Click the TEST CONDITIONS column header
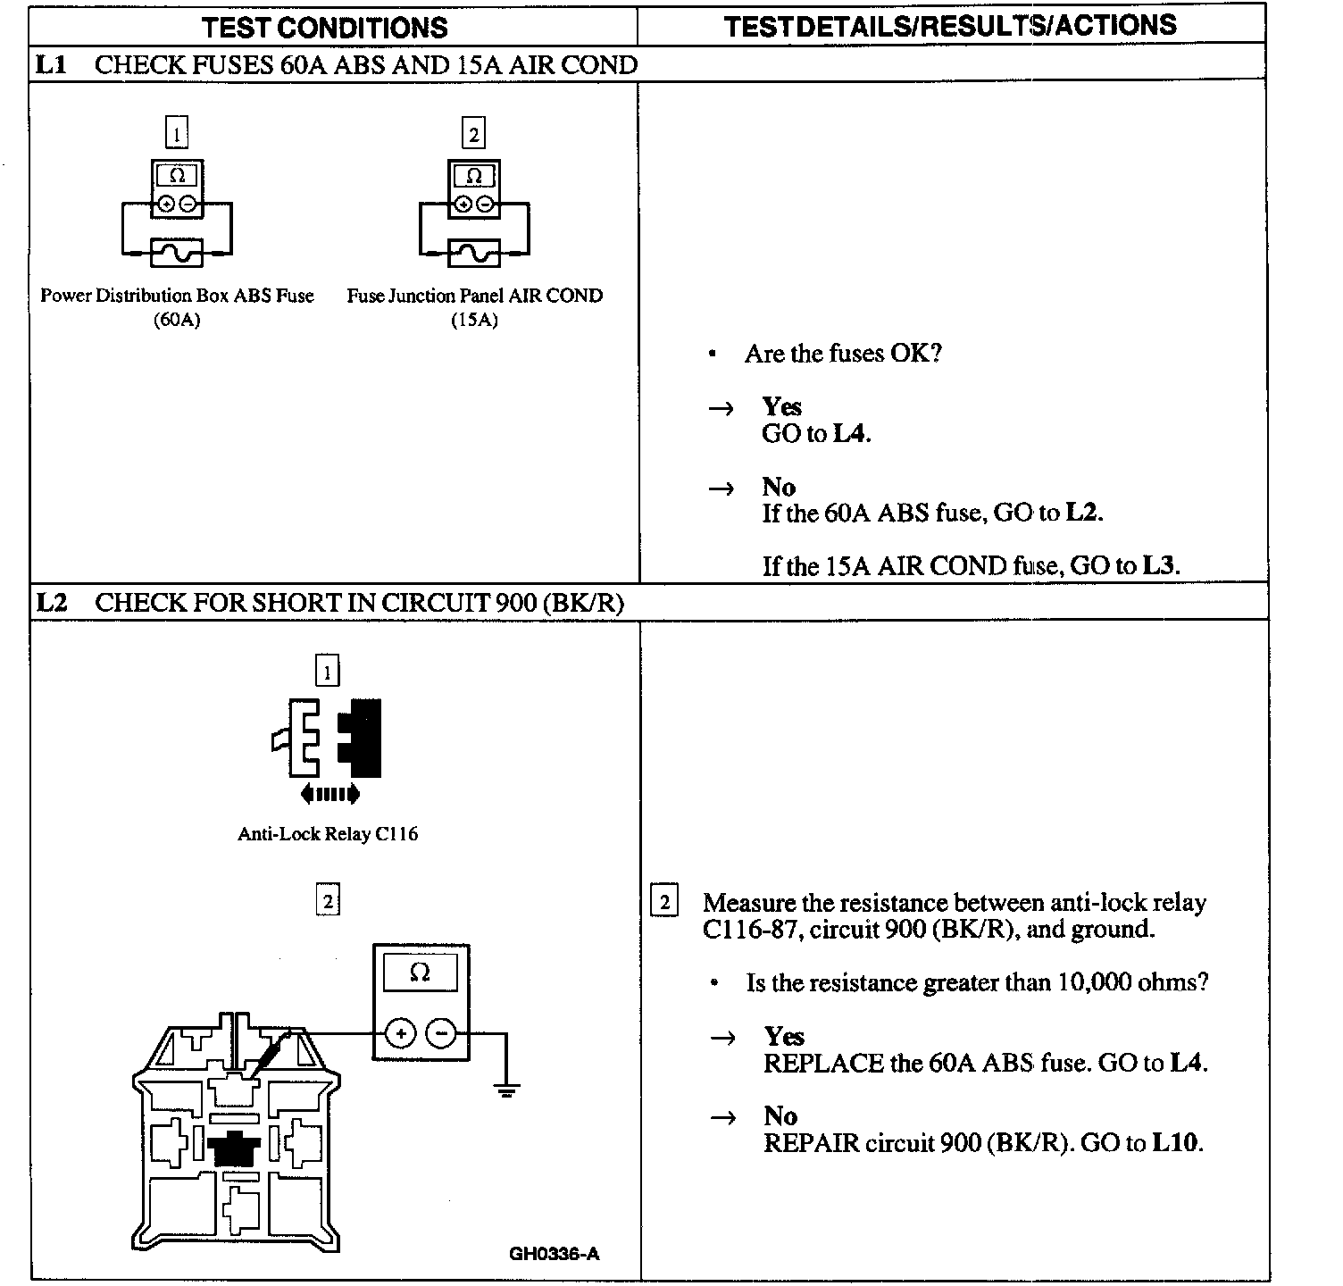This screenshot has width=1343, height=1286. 324,27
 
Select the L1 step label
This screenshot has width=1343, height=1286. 52,65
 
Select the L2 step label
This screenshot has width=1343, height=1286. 52,603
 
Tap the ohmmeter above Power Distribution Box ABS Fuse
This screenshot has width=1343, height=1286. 177,188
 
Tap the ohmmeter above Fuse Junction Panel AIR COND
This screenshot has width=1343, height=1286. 474,188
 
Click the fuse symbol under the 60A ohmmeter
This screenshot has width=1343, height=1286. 177,254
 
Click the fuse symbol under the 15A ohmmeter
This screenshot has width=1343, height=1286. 474,254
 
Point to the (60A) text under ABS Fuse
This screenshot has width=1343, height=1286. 177,321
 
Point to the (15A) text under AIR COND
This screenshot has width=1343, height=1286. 474,321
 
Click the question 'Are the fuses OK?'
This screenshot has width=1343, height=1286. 843,354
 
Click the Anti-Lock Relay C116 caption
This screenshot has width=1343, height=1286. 328,834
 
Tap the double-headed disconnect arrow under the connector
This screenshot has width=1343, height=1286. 330,793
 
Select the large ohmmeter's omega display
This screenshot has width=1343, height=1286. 420,973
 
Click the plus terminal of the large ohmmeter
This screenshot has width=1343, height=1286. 401,1034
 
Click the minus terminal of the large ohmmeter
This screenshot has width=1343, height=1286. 441,1034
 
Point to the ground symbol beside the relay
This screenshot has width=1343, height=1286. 506,1089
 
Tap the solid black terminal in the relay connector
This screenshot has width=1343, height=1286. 234,1146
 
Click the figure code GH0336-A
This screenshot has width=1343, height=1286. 555,1254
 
